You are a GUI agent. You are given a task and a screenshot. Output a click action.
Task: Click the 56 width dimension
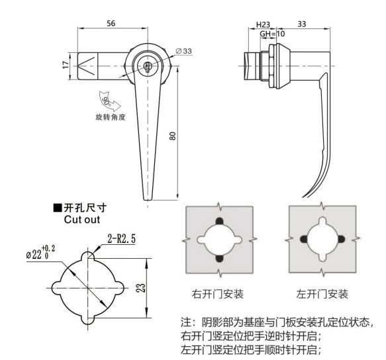[x=111, y=23]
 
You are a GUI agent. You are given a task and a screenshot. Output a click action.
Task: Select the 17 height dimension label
[x=66, y=65]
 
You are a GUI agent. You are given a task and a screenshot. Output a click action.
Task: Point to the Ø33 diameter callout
[x=184, y=51]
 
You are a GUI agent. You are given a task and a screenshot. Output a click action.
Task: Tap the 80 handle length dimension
[x=173, y=136]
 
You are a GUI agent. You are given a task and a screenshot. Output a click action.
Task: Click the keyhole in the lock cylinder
[x=147, y=66]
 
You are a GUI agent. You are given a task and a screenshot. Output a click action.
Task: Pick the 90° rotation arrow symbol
[x=109, y=101]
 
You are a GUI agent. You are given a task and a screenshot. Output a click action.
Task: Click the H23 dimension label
[x=263, y=24]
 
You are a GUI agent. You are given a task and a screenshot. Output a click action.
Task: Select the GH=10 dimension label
[x=273, y=34]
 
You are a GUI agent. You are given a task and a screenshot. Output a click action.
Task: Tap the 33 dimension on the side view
[x=302, y=24]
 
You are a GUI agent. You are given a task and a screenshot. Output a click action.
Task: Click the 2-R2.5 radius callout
[x=122, y=239]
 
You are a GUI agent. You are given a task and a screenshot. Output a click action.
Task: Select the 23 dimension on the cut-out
[x=141, y=288]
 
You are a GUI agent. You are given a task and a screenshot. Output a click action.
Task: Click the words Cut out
[x=82, y=220]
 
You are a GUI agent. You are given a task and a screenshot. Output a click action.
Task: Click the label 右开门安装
[x=218, y=294]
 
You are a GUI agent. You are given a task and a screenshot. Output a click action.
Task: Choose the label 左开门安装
[x=322, y=294]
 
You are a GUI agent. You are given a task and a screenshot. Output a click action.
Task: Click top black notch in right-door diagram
[x=219, y=221]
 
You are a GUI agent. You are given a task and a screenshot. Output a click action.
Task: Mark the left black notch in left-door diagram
[x=305, y=239]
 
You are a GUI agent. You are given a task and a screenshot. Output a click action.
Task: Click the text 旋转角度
[x=111, y=117]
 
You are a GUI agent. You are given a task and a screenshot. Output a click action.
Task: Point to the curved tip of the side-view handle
[x=303, y=197]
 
